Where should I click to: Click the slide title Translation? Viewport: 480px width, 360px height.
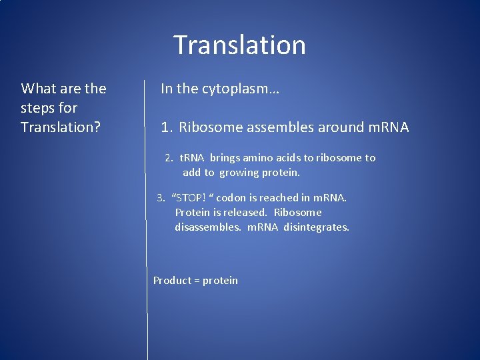[239, 45]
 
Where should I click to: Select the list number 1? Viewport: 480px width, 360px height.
[166, 127]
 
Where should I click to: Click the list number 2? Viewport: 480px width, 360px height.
[169, 158]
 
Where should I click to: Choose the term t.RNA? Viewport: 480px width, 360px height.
[193, 158]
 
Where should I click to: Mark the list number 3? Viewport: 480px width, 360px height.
[161, 198]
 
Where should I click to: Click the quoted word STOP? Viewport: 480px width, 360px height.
[191, 198]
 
